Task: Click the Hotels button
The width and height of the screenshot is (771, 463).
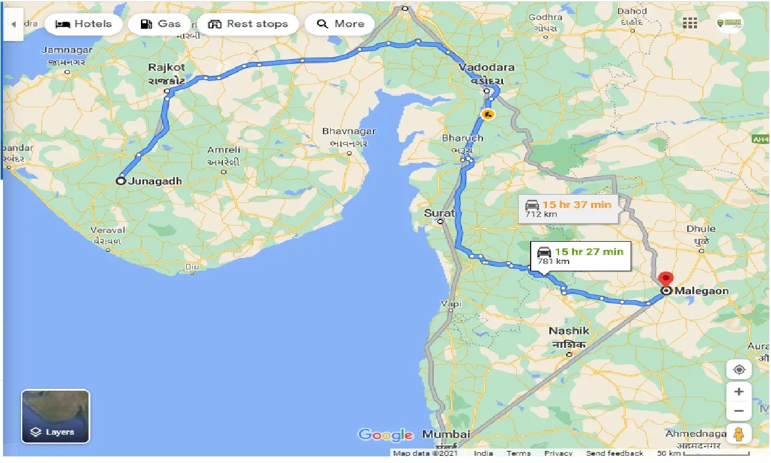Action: pos(84,24)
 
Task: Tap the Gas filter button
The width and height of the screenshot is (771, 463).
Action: pos(160,24)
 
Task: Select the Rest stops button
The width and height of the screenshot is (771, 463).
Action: pos(248,24)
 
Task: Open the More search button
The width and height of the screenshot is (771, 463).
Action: pos(340,24)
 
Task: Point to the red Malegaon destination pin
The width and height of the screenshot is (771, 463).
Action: pos(666,280)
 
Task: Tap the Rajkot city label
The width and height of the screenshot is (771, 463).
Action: pos(167,68)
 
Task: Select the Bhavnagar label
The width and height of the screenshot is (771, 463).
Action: pos(349,131)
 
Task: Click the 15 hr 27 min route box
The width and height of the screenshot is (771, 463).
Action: pos(581,256)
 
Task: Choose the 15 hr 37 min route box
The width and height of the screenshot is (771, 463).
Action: pos(569,209)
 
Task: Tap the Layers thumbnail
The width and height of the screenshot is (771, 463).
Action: pos(55,416)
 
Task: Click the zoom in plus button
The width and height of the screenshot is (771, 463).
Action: pos(739,391)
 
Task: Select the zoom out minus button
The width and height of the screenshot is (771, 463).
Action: pos(739,411)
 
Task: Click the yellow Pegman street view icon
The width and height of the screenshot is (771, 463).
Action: pos(739,433)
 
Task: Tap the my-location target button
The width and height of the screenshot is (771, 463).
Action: pos(739,369)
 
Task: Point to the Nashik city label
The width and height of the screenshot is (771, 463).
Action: pos(569,331)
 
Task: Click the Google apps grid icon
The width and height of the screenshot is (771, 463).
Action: pos(690,23)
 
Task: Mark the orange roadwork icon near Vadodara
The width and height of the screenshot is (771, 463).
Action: pos(488,114)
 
